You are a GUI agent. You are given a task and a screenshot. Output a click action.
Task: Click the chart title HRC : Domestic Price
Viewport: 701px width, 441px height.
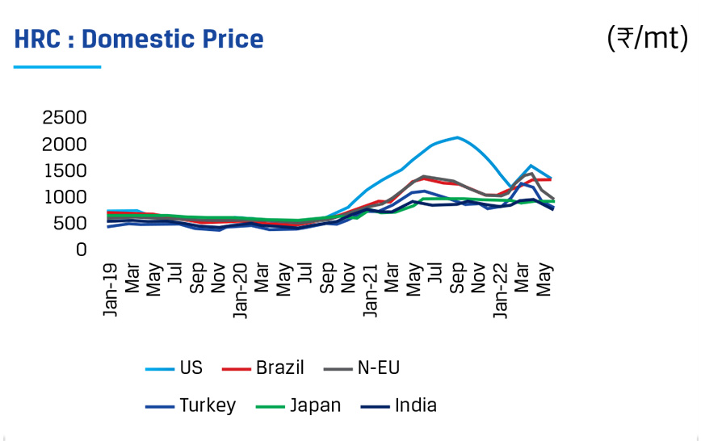(139, 39)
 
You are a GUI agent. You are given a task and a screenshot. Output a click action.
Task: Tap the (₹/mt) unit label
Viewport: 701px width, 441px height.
(646, 37)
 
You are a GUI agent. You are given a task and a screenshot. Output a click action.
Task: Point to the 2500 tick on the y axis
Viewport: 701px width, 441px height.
(64, 118)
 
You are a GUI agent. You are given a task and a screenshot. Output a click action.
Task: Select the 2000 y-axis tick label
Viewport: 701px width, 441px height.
(64, 145)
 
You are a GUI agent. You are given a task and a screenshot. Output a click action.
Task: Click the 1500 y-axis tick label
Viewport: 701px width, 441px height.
(64, 170)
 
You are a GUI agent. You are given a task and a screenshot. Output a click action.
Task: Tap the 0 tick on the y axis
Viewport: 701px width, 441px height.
(81, 250)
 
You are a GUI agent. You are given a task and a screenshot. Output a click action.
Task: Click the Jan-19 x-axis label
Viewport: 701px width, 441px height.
(111, 289)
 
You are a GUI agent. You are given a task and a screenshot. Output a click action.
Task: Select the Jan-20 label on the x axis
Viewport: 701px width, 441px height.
(241, 289)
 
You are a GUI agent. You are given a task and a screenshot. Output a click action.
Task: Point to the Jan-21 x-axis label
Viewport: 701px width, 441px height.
(370, 289)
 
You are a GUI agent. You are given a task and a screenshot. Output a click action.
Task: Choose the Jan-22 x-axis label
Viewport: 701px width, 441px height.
(501, 289)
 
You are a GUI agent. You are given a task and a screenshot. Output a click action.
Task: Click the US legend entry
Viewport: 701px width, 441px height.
(191, 368)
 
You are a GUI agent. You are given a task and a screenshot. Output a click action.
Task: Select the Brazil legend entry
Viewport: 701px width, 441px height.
(279, 368)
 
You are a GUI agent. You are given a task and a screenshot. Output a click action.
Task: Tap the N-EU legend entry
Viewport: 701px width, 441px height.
(379, 368)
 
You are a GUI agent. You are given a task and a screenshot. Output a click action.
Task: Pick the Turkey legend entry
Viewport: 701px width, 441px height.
(208, 405)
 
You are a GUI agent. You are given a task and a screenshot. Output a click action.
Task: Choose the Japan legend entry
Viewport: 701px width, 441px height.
(316, 405)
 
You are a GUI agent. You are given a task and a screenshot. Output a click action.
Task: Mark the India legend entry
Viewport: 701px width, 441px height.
(416, 405)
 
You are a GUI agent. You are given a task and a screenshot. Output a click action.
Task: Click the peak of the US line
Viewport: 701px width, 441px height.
(458, 137)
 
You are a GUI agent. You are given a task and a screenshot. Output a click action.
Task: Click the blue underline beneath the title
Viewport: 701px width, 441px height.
(57, 67)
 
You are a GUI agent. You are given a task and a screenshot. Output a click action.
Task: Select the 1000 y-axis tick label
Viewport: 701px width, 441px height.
(64, 197)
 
